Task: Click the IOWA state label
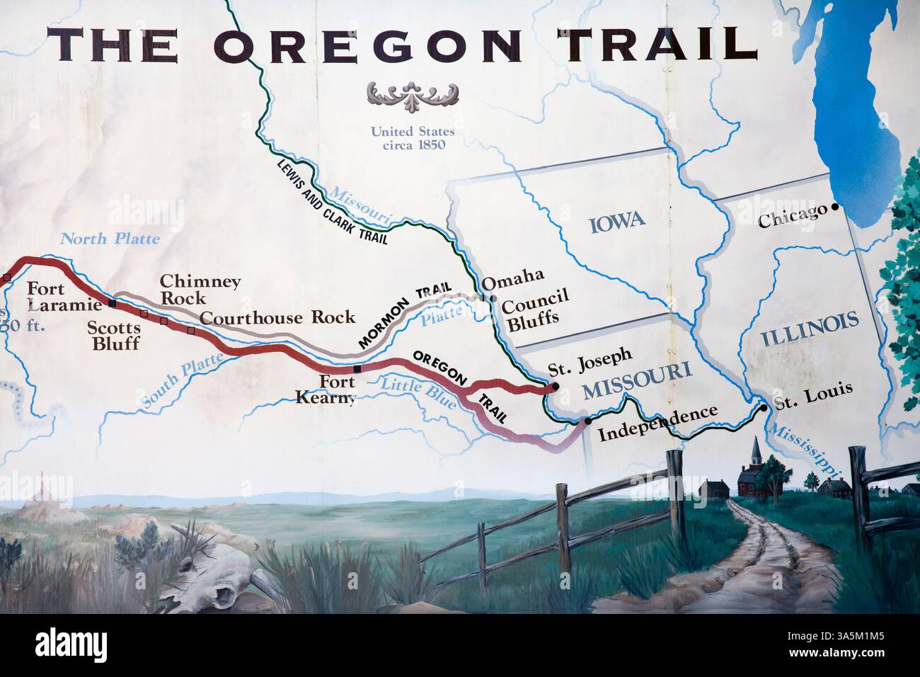(x=616, y=220)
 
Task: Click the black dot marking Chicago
(x=836, y=207)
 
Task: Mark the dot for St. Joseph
(x=555, y=386)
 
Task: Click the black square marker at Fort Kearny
(x=357, y=369)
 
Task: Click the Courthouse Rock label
(x=277, y=317)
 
